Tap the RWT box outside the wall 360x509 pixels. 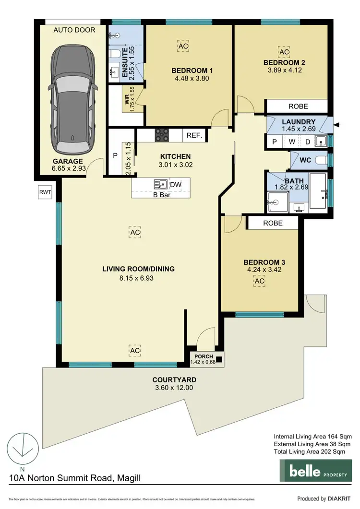coord(45,193)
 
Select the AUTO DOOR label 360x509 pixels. coord(74,30)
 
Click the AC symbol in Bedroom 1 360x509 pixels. coord(183,46)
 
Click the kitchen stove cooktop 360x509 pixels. coord(161,136)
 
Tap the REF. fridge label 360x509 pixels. coord(193,136)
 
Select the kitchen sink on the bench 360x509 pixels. coord(159,184)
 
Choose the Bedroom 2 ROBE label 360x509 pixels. coord(298,106)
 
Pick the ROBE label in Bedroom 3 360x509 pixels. coord(273,223)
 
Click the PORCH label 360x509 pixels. coord(203,355)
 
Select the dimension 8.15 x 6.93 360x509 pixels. coord(138,278)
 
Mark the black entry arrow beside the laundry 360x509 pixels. coord(337,125)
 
